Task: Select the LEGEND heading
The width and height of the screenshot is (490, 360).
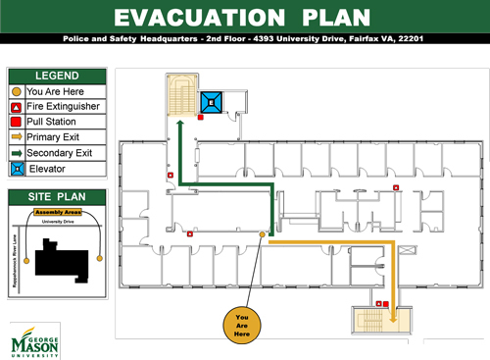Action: pyautogui.click(x=57, y=76)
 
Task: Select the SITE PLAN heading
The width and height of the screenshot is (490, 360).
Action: pyautogui.click(x=57, y=197)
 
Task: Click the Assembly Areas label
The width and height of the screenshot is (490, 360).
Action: pyautogui.click(x=57, y=212)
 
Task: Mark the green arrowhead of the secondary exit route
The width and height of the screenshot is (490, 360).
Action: pyautogui.click(x=181, y=122)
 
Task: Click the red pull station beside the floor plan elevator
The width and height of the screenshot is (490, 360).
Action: pyautogui.click(x=200, y=117)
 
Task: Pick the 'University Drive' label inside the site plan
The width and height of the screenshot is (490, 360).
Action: pyautogui.click(x=58, y=222)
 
